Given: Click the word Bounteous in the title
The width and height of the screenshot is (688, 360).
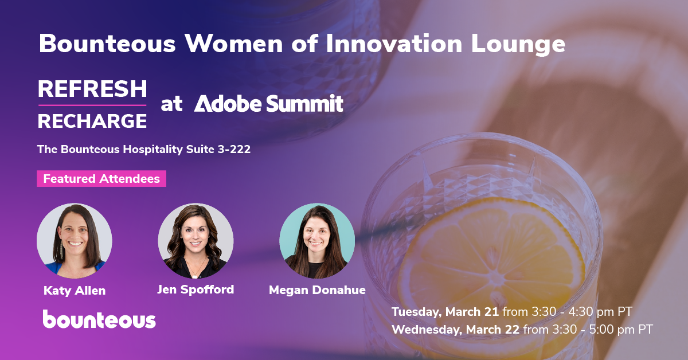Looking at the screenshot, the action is click(107, 44).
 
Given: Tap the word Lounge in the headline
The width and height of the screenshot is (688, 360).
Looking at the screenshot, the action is click(518, 45).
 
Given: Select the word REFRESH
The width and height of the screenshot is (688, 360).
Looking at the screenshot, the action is click(92, 89).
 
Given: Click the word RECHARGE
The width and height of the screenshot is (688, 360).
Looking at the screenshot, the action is click(92, 121).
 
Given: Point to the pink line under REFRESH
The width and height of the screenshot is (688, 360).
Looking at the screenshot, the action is click(92, 105).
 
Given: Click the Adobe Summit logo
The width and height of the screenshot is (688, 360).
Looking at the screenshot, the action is click(268, 103).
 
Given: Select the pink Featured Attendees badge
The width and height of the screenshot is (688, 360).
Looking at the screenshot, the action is click(101, 178).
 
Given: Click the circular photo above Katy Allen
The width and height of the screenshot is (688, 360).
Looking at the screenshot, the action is click(75, 241).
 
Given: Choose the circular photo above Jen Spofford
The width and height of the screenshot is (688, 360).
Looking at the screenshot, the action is click(196, 241).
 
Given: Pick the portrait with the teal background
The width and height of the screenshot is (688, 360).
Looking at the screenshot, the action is click(317, 241).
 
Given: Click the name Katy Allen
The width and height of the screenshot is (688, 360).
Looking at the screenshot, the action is click(75, 291).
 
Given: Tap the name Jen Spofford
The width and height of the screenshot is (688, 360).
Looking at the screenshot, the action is click(196, 289).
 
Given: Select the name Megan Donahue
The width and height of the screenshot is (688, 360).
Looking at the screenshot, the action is click(317, 290).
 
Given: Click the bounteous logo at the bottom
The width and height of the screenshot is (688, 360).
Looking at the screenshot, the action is click(99, 319).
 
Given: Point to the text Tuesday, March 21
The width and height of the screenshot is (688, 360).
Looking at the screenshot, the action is click(445, 312).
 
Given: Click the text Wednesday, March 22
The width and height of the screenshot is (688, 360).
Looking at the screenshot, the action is click(455, 330).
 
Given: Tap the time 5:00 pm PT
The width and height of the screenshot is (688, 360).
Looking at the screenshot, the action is click(621, 330).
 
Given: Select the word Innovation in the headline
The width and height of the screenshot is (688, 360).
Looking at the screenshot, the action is click(394, 44).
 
